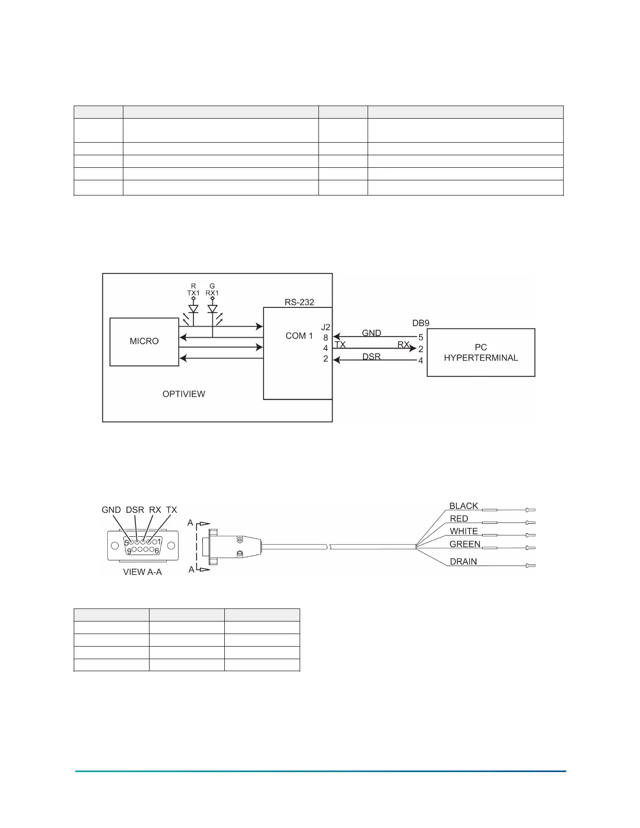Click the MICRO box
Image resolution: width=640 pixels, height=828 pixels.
point(144,341)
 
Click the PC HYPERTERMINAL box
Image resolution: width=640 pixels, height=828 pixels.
point(481,352)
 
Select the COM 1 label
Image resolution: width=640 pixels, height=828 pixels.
point(299,336)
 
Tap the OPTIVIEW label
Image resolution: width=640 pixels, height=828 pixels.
point(184,394)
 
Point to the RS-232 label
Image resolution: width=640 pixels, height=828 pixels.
point(299,302)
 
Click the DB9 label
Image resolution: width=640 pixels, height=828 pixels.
point(420,323)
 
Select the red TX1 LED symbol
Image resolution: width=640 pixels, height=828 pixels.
point(193,309)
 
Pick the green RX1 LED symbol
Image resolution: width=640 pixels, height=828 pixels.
point(212,309)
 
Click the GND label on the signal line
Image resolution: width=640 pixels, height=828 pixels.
point(371,333)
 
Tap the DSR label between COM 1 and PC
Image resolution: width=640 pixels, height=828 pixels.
point(371,356)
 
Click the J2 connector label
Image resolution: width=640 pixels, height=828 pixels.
point(326,327)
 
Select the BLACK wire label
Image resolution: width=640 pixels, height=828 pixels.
point(464,506)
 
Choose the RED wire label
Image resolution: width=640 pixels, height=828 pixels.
point(459,519)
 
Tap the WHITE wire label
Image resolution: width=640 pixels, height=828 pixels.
point(464,531)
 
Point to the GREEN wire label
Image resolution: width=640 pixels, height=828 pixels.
point(465,544)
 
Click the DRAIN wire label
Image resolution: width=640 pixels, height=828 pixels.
point(463,561)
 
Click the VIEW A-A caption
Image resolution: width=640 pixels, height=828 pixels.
point(142,572)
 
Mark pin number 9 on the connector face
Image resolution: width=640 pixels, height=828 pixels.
point(129,551)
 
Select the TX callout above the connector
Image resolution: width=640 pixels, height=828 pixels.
point(172,510)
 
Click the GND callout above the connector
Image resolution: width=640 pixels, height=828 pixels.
point(111,510)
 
